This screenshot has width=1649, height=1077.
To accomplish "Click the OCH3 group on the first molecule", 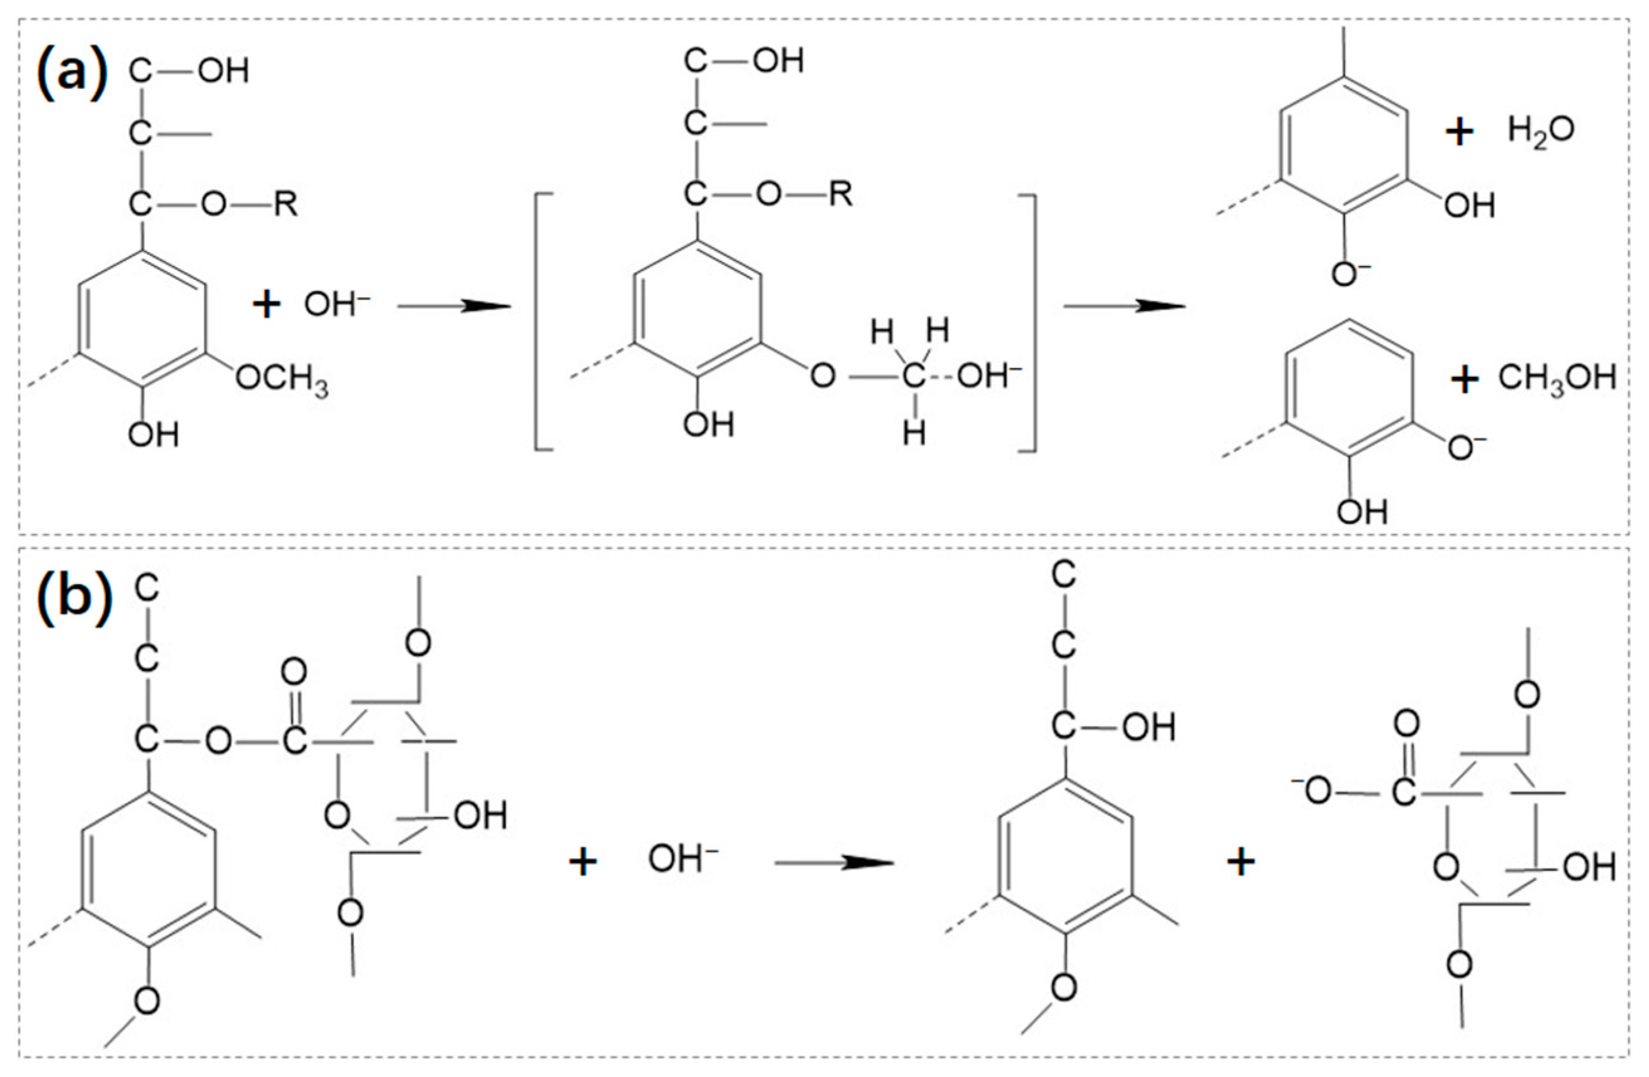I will tap(281, 381).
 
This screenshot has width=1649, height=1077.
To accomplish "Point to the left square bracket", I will tap(543, 323).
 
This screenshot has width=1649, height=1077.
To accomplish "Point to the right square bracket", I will tap(1028, 323).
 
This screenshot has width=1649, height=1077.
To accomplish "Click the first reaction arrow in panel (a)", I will tap(454, 306).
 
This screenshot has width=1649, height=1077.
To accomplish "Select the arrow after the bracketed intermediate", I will tap(1124, 306).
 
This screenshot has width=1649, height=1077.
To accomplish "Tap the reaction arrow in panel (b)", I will tap(833, 863).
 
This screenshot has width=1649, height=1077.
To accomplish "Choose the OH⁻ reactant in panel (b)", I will tap(682, 859).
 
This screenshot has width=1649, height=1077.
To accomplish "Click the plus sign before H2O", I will tap(1459, 131).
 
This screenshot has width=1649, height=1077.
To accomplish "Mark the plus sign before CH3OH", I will tap(1465, 380).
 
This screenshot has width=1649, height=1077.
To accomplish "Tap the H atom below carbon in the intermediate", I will tap(914, 434).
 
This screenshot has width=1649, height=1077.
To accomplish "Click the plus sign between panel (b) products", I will tap(1241, 863).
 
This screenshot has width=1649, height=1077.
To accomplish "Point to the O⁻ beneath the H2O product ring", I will tap(1348, 274).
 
